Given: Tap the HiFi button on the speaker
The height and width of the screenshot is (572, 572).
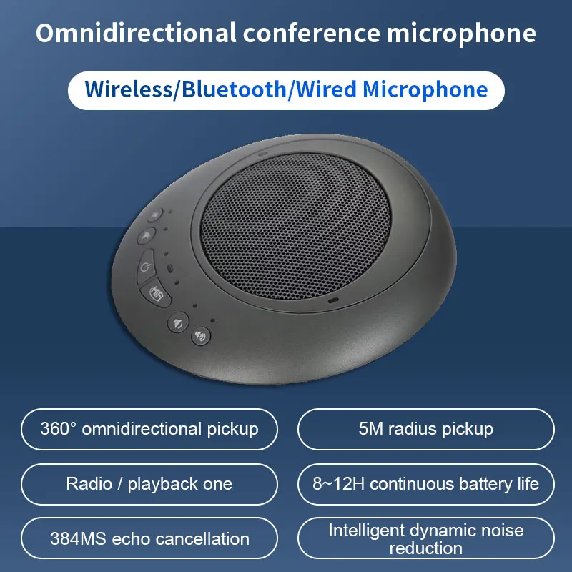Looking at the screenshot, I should pyautogui.click(x=155, y=292).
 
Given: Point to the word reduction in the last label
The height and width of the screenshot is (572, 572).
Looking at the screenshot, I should pyautogui.click(x=426, y=548).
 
